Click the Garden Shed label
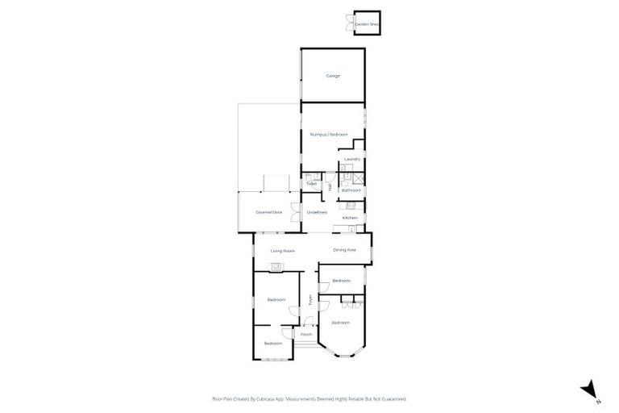tap(367, 25)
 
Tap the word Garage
tap(333, 76)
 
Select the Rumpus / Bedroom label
tap(329, 134)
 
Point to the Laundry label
tap(351, 159)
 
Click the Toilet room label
tap(311, 184)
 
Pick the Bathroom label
tap(351, 190)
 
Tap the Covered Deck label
tap(268, 212)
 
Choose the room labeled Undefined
tap(317, 212)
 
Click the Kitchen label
tap(350, 218)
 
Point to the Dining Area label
tap(345, 250)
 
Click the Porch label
tap(306, 335)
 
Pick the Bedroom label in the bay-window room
tap(341, 323)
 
